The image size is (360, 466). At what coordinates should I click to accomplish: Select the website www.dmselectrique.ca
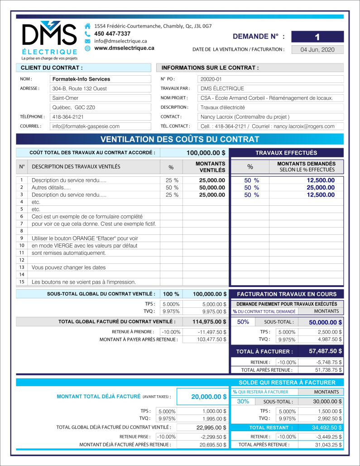point(124,48)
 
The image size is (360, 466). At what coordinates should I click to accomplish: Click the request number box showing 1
point(317,37)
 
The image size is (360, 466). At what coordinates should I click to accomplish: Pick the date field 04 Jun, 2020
point(317,50)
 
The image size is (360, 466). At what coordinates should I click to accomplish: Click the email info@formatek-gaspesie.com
point(86,126)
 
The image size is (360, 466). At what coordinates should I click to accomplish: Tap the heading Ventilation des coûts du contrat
point(180,139)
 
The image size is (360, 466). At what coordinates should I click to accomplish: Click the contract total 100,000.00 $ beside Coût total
point(206,153)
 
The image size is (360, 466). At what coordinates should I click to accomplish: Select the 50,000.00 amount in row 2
point(212,187)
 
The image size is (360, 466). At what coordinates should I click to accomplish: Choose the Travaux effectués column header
point(286,153)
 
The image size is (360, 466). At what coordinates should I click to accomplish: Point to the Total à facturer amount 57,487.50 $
point(325,351)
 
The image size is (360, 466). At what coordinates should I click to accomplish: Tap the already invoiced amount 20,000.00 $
point(209,397)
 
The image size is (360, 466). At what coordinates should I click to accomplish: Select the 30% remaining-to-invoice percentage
point(243,401)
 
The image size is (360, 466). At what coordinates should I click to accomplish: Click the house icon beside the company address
point(87,26)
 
